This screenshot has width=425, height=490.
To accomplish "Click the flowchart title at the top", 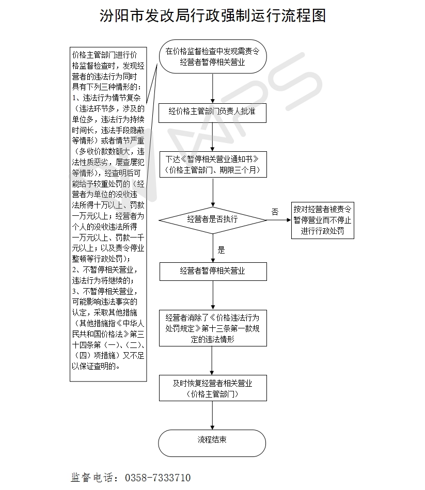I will click(x=213, y=15).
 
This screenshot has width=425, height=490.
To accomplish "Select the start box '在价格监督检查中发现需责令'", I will click(x=212, y=57).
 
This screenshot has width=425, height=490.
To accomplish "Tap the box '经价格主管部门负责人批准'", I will click(x=212, y=111).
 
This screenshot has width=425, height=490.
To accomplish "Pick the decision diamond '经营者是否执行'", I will click(x=212, y=219).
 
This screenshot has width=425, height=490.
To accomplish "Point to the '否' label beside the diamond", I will click(x=275, y=212).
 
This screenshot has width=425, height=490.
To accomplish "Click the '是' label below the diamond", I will click(x=222, y=250).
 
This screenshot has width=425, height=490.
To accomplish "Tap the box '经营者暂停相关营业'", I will click(x=212, y=271).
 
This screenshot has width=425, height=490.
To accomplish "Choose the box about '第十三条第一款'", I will click(x=212, y=328).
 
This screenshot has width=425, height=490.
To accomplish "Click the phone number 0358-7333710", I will click(x=158, y=478).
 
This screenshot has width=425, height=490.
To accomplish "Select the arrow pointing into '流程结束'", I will click(x=212, y=415).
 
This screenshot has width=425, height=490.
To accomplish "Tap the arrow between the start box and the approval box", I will click(x=212, y=87).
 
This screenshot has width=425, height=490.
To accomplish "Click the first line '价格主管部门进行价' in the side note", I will click(x=105, y=54).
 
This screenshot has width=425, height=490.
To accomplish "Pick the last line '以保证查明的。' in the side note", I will click(x=97, y=367).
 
